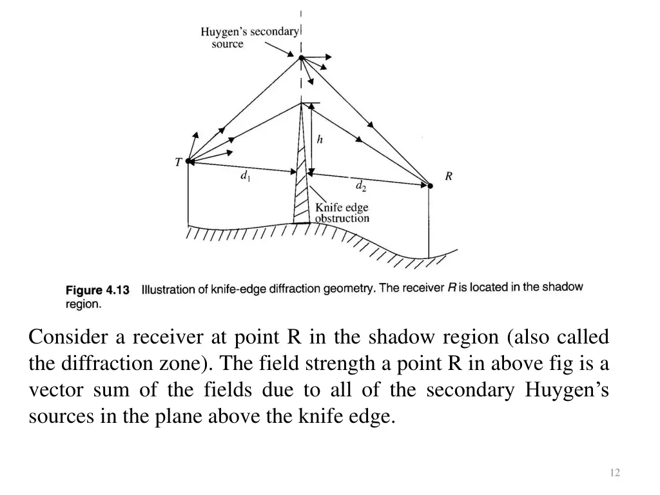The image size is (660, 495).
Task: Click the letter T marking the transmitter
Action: pos(178,163)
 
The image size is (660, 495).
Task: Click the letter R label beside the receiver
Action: pos(449,177)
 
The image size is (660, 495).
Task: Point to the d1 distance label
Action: pos(245,175)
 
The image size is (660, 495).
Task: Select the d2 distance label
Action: pos(361,187)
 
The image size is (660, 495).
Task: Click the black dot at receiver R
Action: pos(430,186)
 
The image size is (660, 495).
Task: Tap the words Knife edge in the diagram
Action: pos(341,208)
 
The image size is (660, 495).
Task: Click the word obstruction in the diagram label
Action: pos(342,218)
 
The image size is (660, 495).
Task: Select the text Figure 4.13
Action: pos(98,291)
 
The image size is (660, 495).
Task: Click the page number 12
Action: pos(614,473)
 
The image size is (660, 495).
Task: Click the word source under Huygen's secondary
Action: pos(228,44)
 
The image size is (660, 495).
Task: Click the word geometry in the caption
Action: pos(351,289)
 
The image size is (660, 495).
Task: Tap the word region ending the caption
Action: pos(83,304)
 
